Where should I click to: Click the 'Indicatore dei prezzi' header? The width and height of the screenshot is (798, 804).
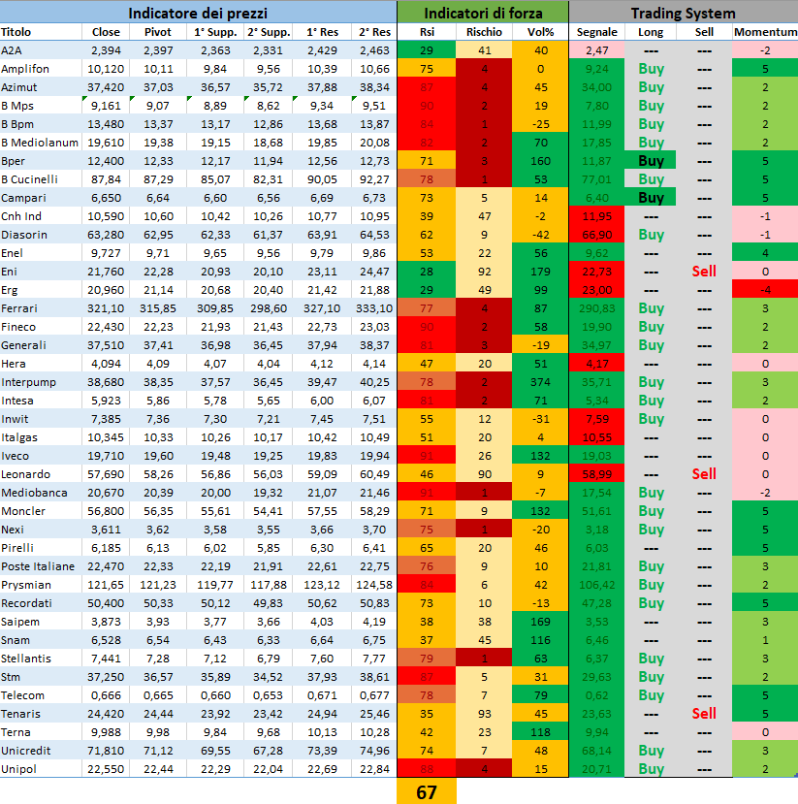(198, 13)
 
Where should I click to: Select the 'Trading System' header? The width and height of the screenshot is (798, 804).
(683, 13)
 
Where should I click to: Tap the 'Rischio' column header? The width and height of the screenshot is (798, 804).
(484, 32)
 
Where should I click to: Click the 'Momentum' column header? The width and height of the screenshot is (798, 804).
(765, 32)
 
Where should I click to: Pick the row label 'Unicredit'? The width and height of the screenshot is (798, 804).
(23, 751)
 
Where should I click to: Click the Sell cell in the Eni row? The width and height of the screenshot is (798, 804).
(704, 272)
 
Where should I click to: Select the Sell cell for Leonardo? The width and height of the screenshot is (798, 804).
(704, 474)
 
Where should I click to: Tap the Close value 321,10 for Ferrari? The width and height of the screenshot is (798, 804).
(106, 308)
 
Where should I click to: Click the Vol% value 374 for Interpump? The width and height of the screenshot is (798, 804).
(540, 382)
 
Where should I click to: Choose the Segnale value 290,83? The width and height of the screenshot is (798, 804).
(597, 308)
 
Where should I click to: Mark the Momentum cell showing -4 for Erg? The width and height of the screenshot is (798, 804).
(765, 290)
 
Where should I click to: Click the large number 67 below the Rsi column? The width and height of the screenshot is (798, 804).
(427, 791)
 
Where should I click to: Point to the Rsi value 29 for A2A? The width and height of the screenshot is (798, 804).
(427, 50)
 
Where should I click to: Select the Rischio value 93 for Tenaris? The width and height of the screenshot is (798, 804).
(484, 714)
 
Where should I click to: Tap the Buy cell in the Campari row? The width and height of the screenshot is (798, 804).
(652, 198)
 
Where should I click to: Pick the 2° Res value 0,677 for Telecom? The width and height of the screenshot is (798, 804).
(373, 695)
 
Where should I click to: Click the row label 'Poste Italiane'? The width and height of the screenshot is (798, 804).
(38, 566)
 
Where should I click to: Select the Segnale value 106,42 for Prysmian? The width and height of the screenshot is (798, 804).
(597, 585)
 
